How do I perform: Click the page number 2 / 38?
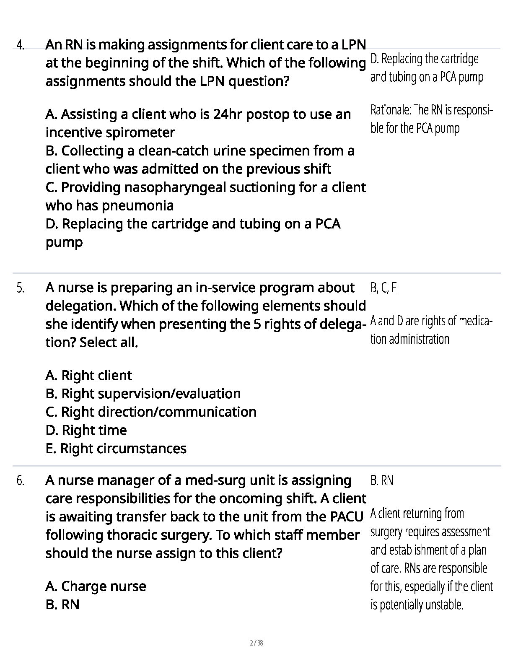256,643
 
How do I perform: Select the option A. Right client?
88,376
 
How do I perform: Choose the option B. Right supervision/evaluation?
143,394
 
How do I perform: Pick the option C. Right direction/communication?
151,412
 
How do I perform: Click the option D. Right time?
86,430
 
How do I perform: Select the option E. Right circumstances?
116,449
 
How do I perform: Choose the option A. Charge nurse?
96,586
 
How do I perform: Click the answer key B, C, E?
383,288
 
